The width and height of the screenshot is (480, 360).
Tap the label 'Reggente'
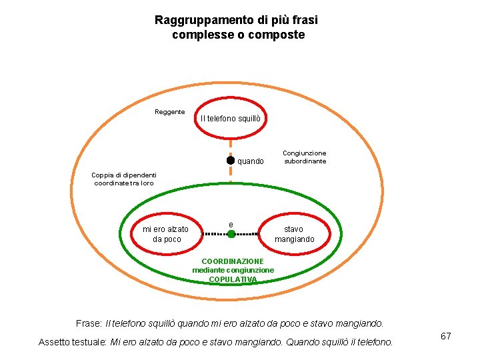point(169,112)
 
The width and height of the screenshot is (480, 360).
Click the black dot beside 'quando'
point(231,160)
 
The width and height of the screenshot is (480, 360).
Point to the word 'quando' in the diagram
point(251,161)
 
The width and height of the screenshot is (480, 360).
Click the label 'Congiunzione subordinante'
point(305,157)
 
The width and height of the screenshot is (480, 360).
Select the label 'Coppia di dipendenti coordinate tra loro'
point(124,179)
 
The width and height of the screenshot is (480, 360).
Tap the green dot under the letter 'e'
point(231,235)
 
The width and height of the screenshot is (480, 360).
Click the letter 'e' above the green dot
point(231,225)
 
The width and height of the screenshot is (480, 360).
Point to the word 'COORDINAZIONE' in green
point(233,261)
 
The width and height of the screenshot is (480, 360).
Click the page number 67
point(445,336)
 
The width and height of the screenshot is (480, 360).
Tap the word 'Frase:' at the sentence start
point(89,324)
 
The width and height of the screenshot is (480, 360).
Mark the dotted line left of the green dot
point(215,235)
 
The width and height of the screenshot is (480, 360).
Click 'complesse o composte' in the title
point(238,35)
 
